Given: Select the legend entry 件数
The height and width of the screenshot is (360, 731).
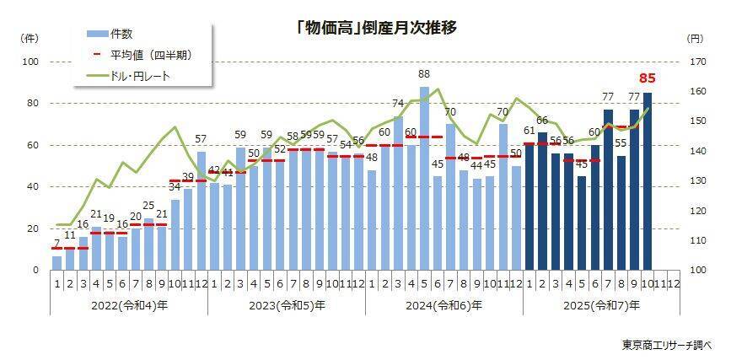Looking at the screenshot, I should tap(121, 34).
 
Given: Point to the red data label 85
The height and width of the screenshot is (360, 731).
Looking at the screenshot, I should tap(648, 79).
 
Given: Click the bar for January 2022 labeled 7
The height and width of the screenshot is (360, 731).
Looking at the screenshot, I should tap(56, 263).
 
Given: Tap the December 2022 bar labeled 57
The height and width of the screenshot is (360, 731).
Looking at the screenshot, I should tap(202, 211).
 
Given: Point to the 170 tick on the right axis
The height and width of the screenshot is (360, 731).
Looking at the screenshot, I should tap(696, 62).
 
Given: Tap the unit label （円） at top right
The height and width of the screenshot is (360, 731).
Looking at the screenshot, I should tap(695, 39).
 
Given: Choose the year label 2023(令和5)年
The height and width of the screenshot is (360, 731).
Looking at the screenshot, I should tap(287, 305).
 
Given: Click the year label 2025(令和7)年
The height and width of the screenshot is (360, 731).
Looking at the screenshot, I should tap(602, 305).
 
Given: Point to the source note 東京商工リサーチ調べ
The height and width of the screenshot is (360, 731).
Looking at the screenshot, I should tap(667, 345).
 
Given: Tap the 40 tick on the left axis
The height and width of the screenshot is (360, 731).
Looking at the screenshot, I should tap(34, 187).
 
